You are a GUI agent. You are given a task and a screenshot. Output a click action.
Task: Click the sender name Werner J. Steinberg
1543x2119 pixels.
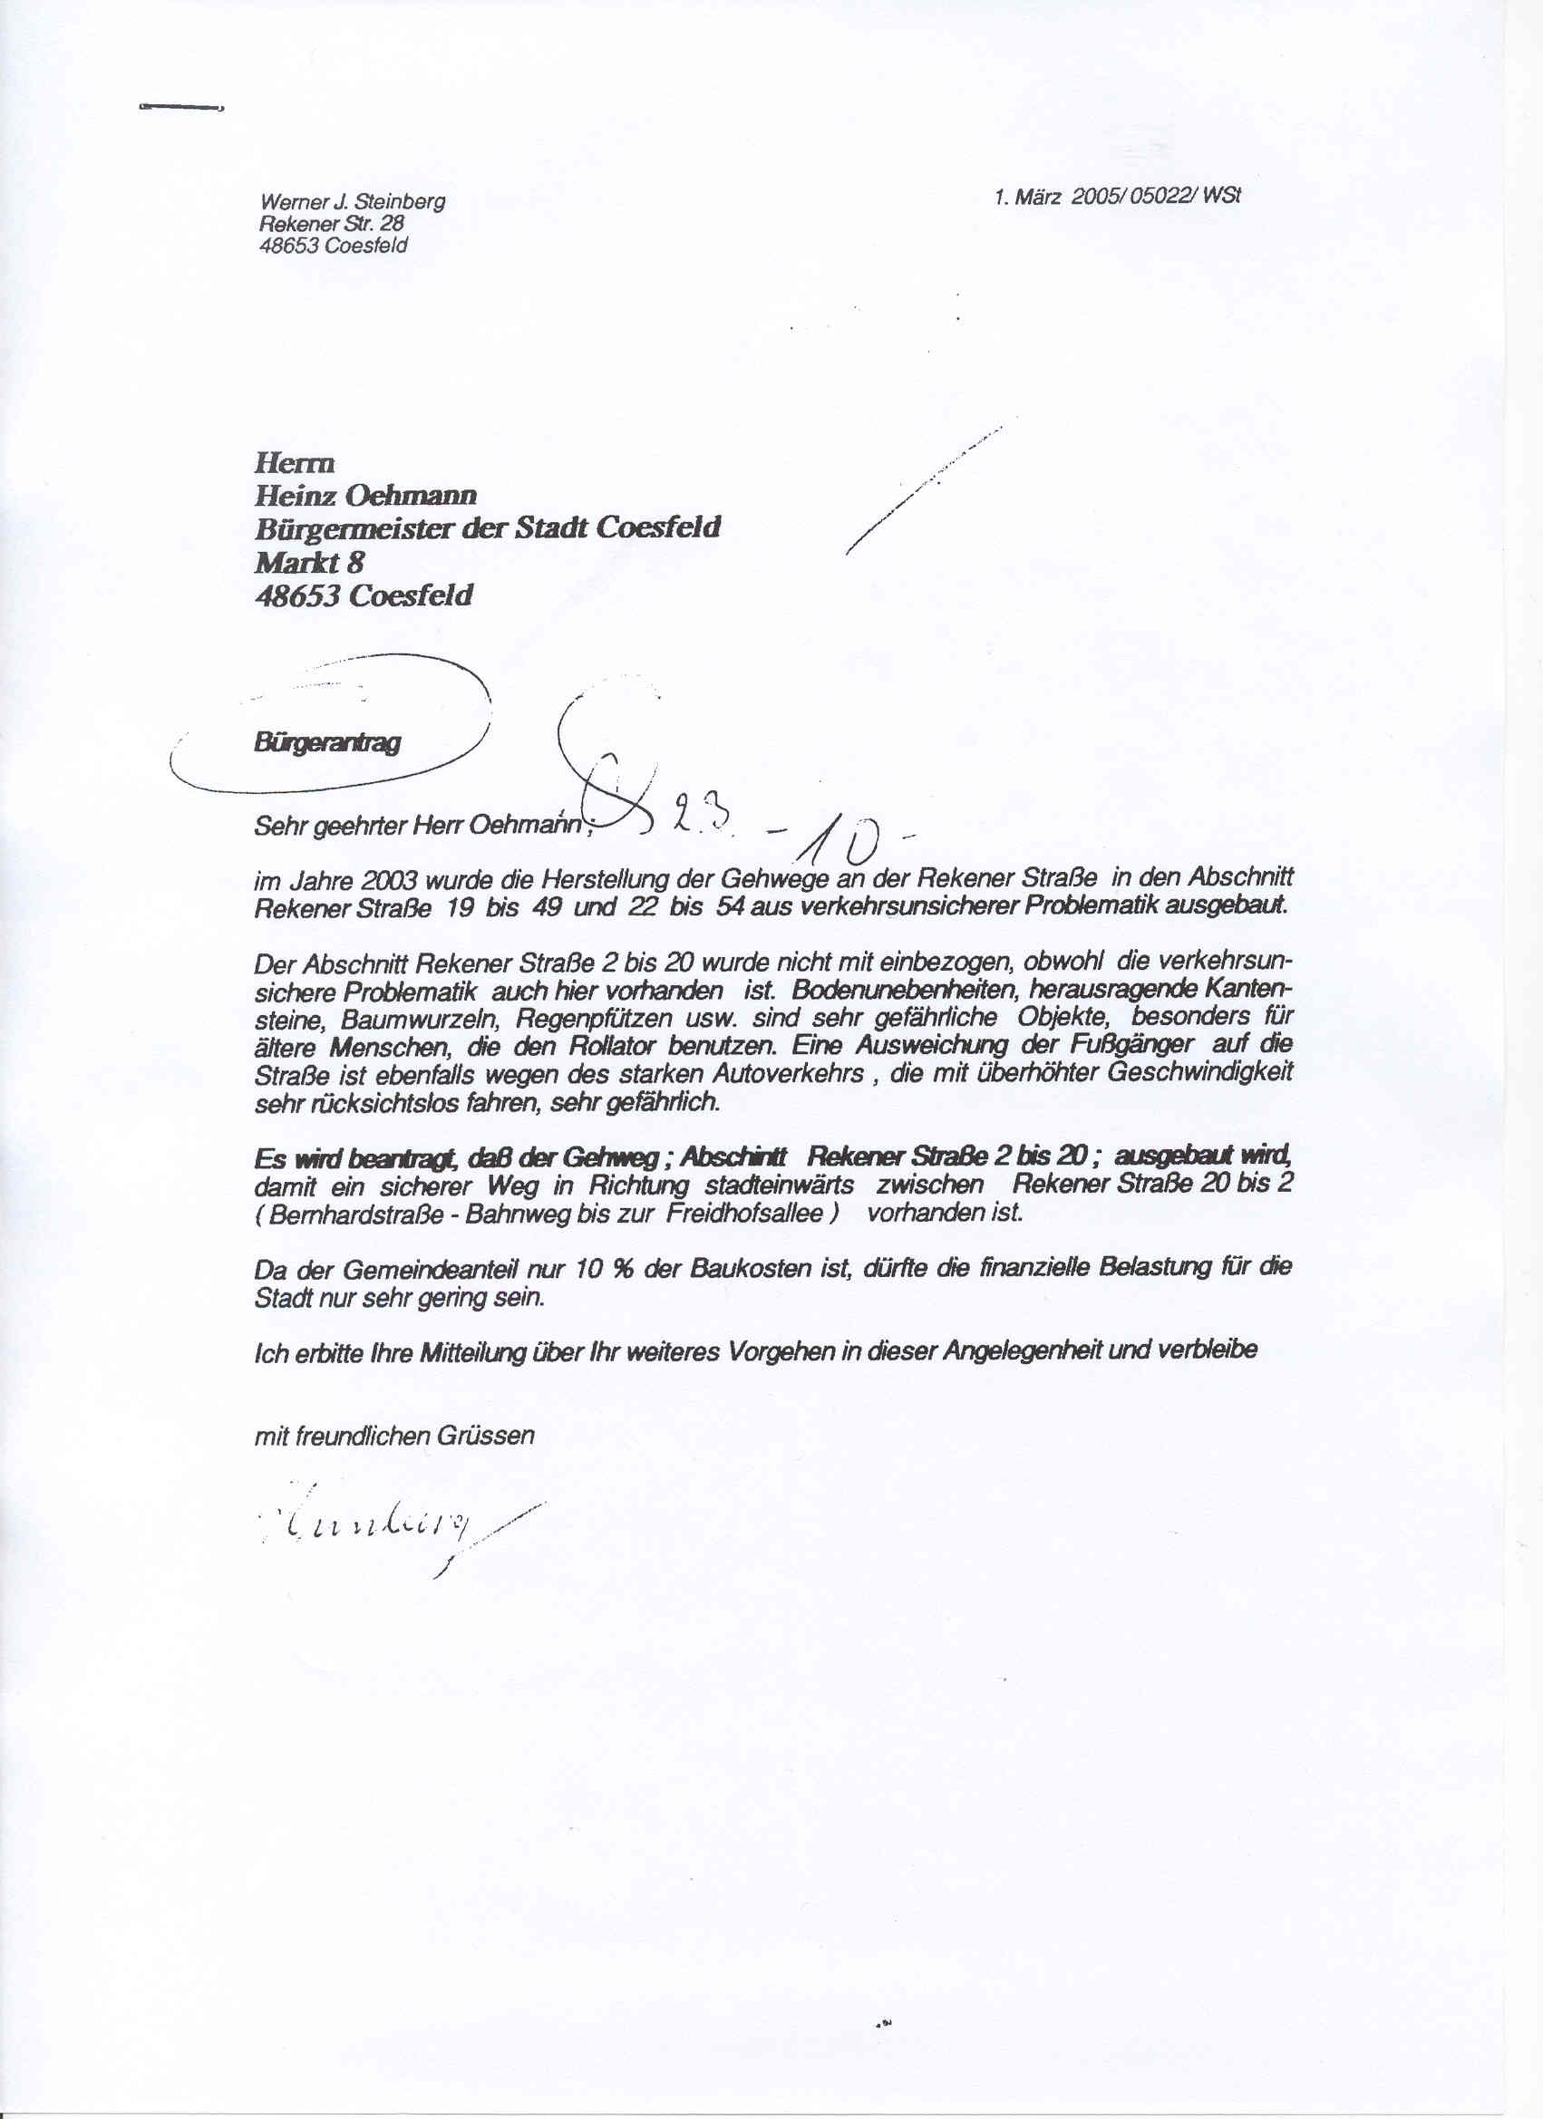tap(354, 202)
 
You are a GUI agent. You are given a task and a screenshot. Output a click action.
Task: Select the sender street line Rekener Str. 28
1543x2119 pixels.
tap(332, 224)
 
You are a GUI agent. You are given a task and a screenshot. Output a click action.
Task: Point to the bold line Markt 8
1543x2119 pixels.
tap(309, 563)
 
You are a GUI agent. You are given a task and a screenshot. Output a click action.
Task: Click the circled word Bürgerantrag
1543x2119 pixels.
tap(326, 744)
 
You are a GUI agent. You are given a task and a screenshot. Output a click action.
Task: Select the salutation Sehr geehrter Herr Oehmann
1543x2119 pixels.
tap(422, 827)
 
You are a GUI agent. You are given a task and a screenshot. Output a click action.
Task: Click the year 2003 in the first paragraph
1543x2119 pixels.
tap(379, 880)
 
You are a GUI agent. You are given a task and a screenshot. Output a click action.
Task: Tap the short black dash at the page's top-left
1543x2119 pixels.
tap(180, 109)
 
